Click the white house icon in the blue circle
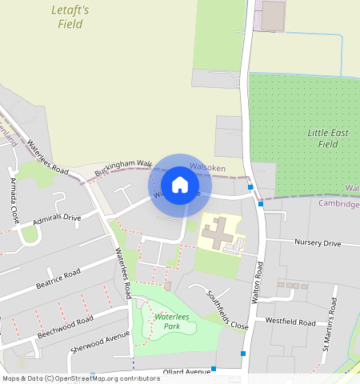[x=180, y=185]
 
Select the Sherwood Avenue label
[x=100, y=342]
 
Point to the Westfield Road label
[x=291, y=322]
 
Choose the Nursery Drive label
[x=318, y=243]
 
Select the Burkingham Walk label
[x=123, y=168]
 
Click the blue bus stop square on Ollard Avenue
[x=214, y=369]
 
